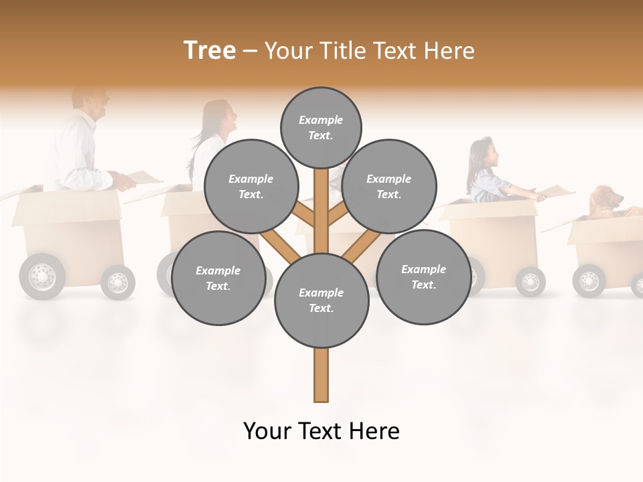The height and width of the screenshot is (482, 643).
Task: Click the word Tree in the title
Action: tap(210, 50)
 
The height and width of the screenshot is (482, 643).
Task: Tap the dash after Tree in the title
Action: tap(251, 51)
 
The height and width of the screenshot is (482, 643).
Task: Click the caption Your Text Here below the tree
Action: tap(321, 430)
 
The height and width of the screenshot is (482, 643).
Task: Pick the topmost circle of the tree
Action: tap(321, 127)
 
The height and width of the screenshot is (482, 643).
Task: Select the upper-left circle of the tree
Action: tap(251, 186)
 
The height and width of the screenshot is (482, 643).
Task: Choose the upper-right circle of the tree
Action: tap(389, 186)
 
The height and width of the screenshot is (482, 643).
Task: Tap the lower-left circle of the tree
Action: tap(218, 278)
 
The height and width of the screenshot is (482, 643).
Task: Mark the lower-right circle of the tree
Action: tap(423, 276)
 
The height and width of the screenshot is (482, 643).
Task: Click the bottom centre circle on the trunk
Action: tap(321, 301)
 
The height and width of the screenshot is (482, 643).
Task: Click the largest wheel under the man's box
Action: tap(42, 276)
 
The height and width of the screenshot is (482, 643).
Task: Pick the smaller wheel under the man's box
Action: tap(118, 282)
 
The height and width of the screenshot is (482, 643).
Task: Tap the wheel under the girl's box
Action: tap(530, 281)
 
